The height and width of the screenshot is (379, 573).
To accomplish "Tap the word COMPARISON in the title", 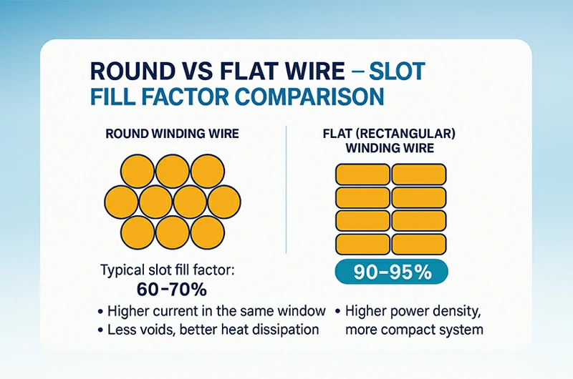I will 312,97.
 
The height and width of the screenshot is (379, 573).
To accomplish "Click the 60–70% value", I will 173,290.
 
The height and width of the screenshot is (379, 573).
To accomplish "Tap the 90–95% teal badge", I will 392,272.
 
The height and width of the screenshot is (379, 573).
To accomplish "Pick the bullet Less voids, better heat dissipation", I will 211,330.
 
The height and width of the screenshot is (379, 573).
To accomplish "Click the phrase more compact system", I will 414,330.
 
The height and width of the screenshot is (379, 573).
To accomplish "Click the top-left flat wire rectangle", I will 362,174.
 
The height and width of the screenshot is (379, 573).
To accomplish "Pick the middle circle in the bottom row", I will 173,230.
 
